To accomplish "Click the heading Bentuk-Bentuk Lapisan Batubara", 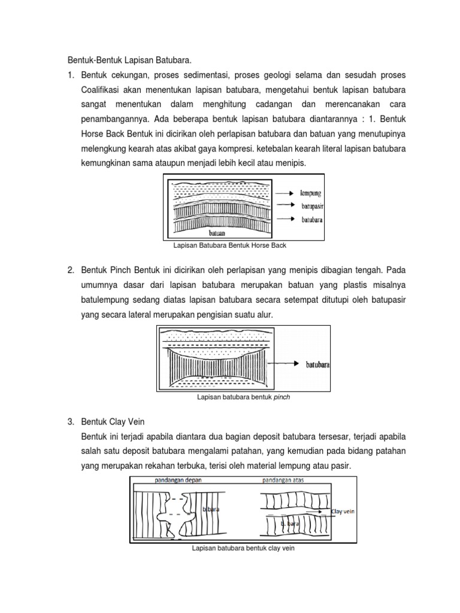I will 130,60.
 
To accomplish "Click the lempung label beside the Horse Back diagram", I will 310,193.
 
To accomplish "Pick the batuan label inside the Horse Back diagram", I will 217,232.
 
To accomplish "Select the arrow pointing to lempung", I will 283,193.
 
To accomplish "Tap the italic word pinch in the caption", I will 282,396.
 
